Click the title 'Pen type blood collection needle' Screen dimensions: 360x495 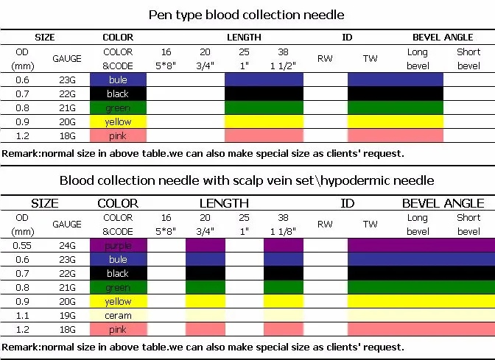point(247,14)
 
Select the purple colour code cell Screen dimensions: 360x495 point(118,245)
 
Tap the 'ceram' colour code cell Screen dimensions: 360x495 point(118,315)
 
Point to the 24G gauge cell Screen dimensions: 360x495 point(67,245)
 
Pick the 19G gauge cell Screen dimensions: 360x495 point(67,315)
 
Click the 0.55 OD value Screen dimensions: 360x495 point(21,245)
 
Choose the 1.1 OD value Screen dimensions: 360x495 point(21,315)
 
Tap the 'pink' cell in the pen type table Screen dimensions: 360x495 point(118,136)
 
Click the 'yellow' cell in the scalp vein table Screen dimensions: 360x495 point(118,301)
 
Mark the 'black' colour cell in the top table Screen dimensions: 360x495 point(118,93)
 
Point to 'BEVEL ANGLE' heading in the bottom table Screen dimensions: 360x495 point(443,203)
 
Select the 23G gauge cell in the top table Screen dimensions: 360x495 point(67,80)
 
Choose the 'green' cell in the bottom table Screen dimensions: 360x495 point(118,287)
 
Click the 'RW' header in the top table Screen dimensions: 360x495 point(325,58)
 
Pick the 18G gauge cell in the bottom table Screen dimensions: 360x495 point(67,329)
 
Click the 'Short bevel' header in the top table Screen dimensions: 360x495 point(468,58)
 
